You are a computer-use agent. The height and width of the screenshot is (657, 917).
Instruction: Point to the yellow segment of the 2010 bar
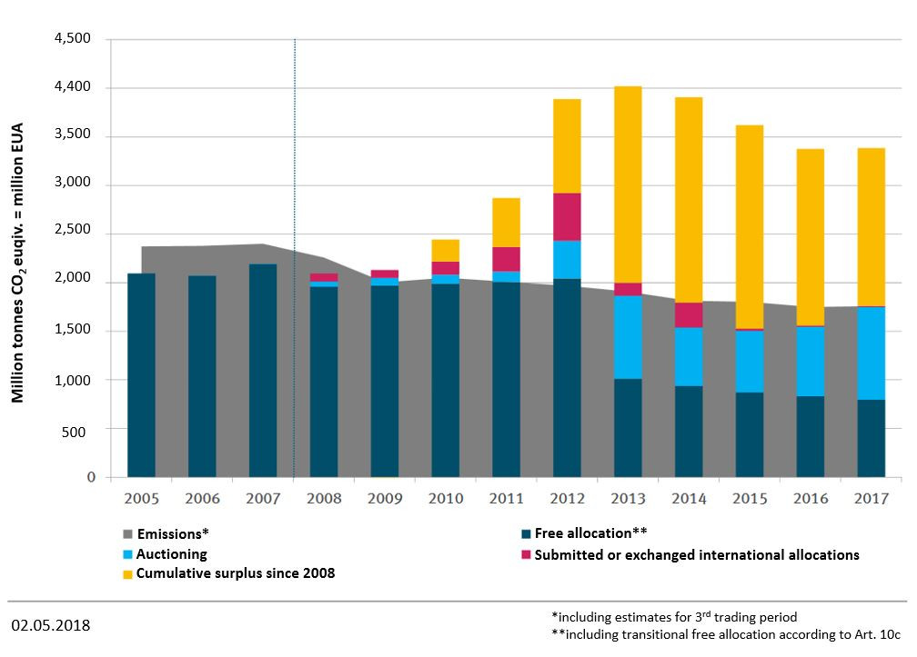pos(445,250)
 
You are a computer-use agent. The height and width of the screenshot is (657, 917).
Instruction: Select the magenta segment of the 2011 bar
pos(506,259)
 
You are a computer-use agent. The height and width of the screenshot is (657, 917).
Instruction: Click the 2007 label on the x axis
pos(262,499)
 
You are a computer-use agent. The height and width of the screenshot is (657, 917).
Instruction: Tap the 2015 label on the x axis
pos(749,499)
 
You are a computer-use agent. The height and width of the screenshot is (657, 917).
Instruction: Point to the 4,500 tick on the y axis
pos(74,39)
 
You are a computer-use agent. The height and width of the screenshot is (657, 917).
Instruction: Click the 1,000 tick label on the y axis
pos(74,380)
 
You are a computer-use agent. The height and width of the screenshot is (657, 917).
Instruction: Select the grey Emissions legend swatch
pos(127,534)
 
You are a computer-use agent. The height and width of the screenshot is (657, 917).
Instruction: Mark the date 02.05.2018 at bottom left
pos(51,626)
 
